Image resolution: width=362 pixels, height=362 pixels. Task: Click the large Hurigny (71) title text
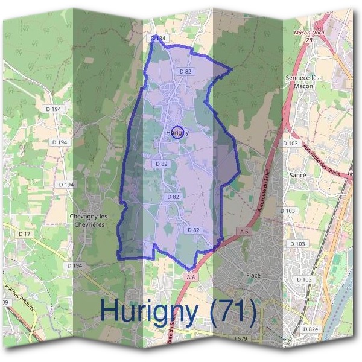179,311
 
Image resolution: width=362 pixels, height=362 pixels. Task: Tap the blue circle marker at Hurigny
177,132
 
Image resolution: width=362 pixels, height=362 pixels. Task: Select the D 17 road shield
24,233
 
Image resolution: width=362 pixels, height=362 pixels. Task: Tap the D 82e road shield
311,329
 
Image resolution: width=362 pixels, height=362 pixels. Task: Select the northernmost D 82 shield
186,71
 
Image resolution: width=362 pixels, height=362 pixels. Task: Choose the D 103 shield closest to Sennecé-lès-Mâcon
291,143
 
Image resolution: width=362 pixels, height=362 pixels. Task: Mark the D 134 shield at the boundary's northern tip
157,38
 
